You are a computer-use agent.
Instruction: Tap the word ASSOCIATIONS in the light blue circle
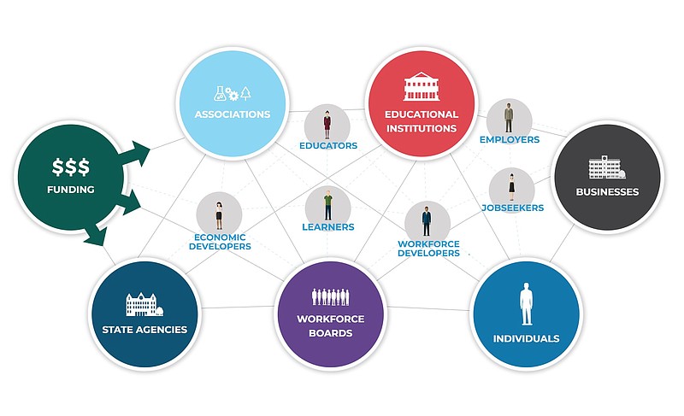[x=232, y=114]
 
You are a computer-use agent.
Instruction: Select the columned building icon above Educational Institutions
[x=420, y=90]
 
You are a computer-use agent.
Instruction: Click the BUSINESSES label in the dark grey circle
[x=608, y=192]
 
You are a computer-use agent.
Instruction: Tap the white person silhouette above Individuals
[x=527, y=305]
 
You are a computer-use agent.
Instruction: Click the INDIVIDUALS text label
[x=526, y=338]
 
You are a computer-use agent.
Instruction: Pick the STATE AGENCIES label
[x=144, y=329]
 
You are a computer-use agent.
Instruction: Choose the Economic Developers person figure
[x=220, y=214]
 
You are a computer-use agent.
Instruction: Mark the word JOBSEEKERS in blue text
[x=512, y=208]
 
